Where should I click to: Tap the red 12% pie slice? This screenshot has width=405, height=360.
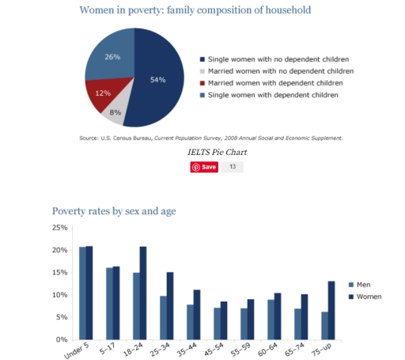(x=101, y=94)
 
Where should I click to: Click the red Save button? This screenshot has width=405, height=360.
(x=204, y=167)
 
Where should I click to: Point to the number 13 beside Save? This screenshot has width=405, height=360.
(x=233, y=167)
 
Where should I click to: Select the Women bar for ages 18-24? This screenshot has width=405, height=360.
(x=143, y=293)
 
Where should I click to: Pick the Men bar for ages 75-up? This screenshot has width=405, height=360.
(x=324, y=325)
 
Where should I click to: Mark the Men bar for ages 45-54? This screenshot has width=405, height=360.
(x=217, y=323)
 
